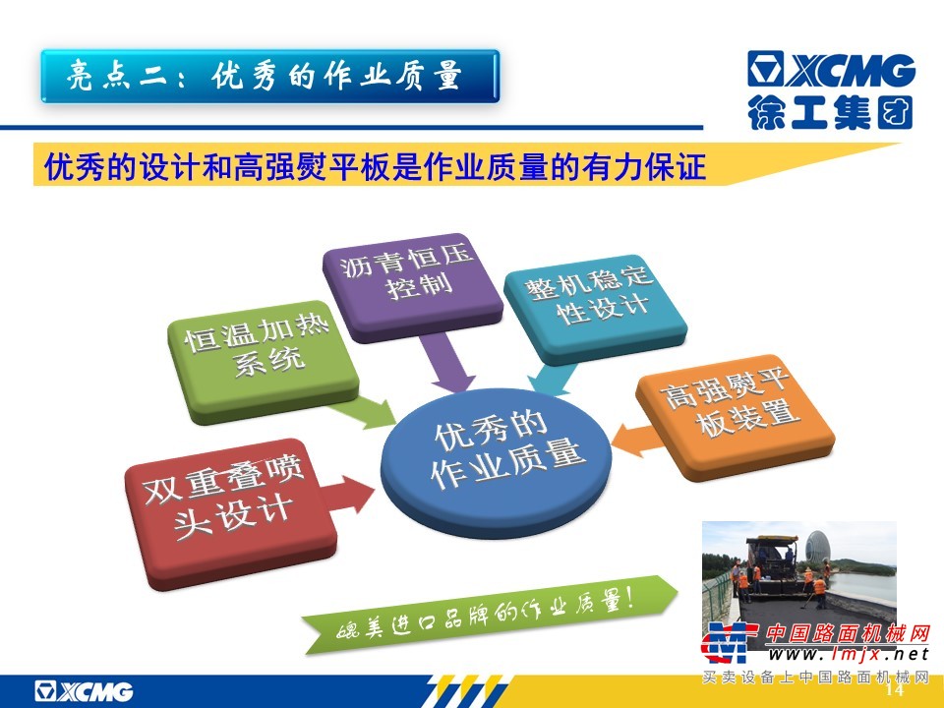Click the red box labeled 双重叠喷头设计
click(x=229, y=511)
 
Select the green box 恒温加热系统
click(x=263, y=360)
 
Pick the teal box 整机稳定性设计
click(x=595, y=307)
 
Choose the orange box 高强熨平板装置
click(x=736, y=414)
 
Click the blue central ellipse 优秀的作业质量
click(x=497, y=460)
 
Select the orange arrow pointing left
click(x=639, y=439)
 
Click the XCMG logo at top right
click(x=832, y=69)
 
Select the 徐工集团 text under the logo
click(x=830, y=112)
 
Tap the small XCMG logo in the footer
click(x=84, y=691)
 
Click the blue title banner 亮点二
click(x=270, y=77)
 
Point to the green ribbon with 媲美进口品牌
click(x=489, y=614)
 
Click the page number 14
click(x=895, y=688)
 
